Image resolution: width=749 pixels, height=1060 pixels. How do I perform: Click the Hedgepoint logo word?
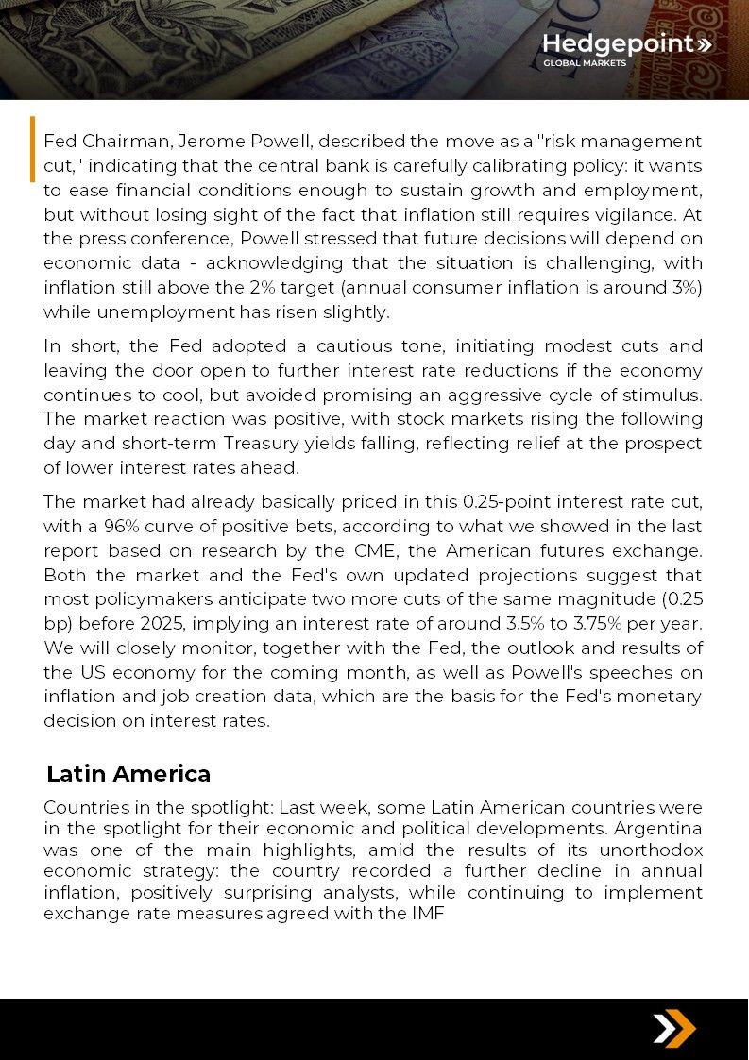coord(618,44)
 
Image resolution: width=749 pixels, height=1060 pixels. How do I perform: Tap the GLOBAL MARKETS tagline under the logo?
coord(584,64)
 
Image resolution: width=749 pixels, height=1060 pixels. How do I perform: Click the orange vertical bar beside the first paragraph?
coord(33,149)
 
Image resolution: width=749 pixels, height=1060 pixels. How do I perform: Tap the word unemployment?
coord(149,311)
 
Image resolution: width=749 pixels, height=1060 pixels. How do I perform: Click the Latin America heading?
coord(128,774)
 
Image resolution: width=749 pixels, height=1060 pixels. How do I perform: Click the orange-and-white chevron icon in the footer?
coord(673,1028)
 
